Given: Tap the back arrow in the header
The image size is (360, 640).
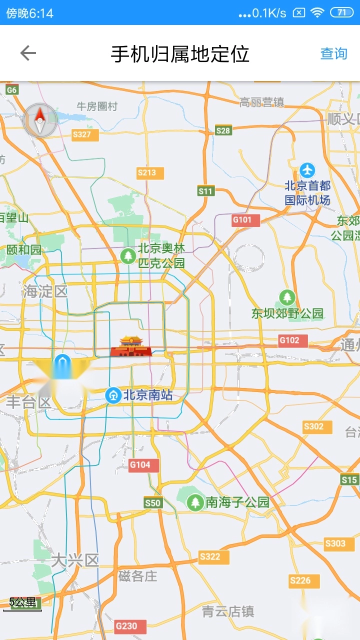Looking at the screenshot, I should click(x=28, y=53).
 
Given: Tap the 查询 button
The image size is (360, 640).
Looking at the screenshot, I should click(x=333, y=53).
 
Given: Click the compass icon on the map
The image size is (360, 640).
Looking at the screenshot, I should click(x=39, y=120).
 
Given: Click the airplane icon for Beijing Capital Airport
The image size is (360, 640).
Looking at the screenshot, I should click(x=307, y=170).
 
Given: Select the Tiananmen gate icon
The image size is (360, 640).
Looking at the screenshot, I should click(x=131, y=346).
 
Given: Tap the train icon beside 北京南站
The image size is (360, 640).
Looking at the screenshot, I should click(x=113, y=395).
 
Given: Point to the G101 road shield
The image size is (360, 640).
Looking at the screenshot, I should click(x=245, y=220).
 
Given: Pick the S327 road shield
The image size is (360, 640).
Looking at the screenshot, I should click(x=84, y=134).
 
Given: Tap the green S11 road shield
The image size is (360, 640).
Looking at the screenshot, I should click(x=205, y=191).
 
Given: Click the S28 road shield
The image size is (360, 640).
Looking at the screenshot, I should click(x=223, y=130).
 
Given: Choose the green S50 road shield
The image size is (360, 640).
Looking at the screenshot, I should click(x=153, y=503).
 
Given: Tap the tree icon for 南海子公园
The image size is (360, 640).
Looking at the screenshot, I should click(x=195, y=502).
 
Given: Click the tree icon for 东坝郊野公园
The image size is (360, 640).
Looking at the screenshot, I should click(x=287, y=297).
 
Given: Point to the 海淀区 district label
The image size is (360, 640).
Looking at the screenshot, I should click(x=45, y=291).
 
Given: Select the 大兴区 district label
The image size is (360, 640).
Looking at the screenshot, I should click(x=75, y=560).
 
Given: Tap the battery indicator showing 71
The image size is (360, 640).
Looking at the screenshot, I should click(x=342, y=12).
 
